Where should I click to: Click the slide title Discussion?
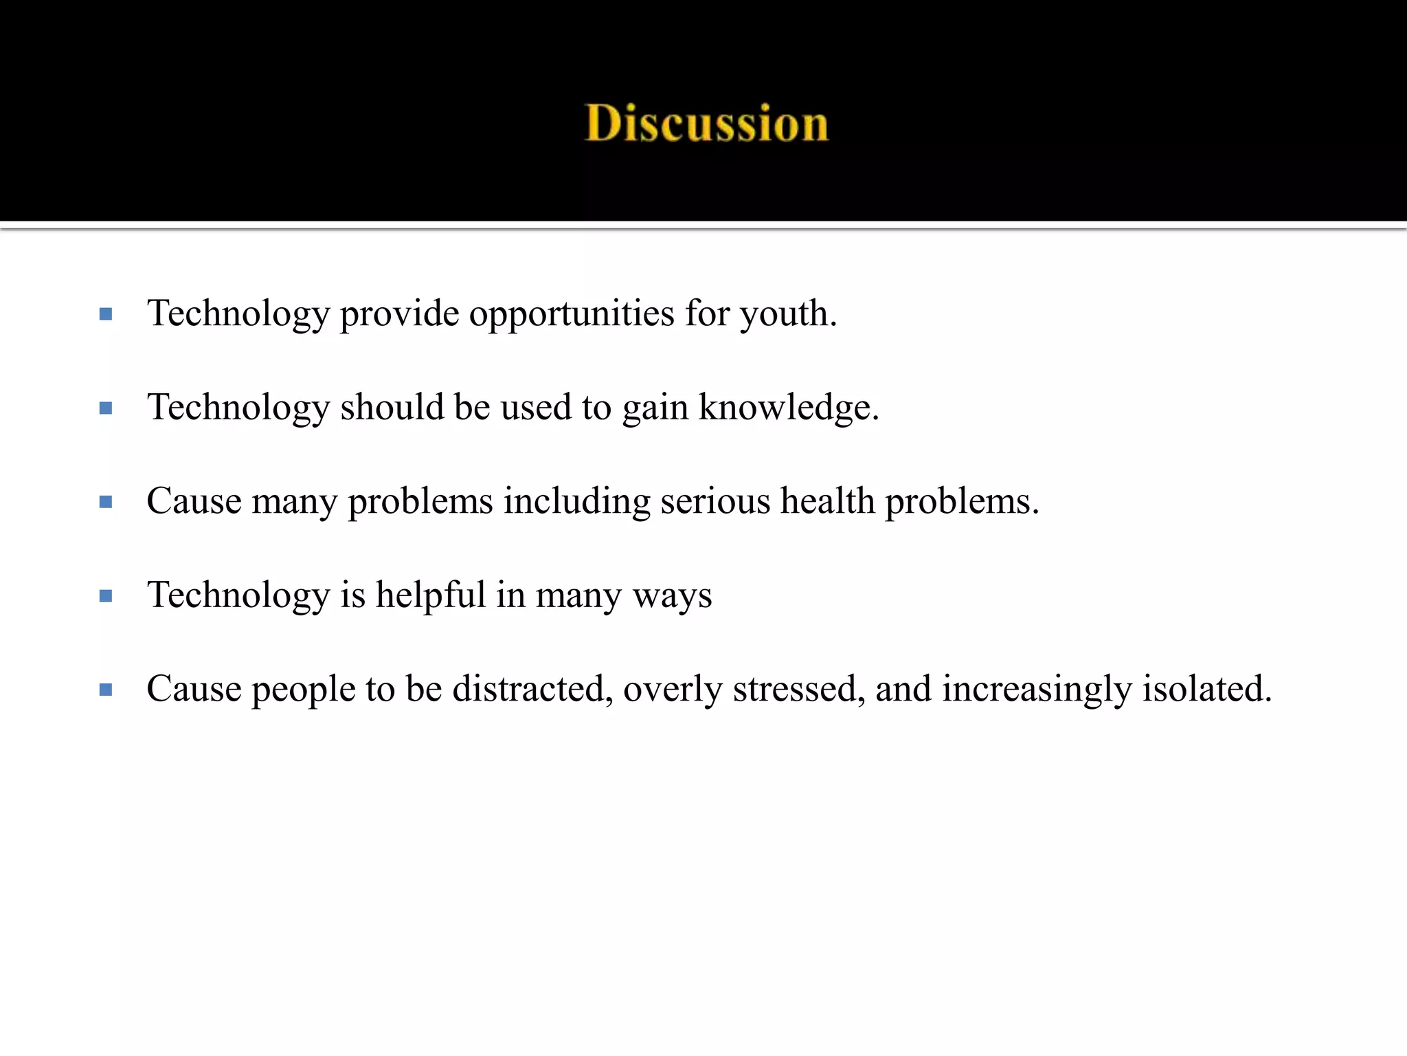(706, 124)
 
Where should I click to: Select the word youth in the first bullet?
(787, 314)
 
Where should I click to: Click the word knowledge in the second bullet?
(789, 408)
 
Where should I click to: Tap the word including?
(576, 501)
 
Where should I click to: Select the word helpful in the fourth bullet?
(431, 595)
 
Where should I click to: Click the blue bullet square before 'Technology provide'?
(106, 315)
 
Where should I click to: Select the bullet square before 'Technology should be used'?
(106, 408)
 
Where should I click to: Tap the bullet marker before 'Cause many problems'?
(106, 502)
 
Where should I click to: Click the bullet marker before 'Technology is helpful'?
(106, 596)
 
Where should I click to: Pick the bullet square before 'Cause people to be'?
(106, 690)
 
